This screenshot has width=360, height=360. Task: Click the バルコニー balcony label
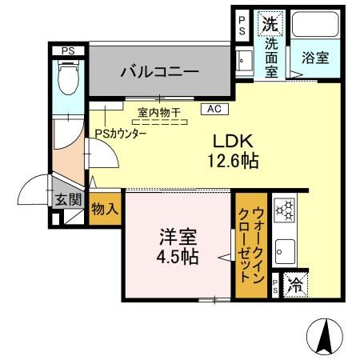(x=159, y=72)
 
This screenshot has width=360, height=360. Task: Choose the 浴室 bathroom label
(x=314, y=58)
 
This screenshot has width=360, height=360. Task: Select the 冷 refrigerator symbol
(x=294, y=284)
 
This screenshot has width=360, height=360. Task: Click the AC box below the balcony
(x=214, y=107)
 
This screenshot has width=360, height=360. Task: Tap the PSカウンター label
(x=120, y=134)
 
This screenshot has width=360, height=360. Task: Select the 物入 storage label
(x=105, y=209)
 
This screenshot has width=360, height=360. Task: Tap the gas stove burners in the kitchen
(x=283, y=211)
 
